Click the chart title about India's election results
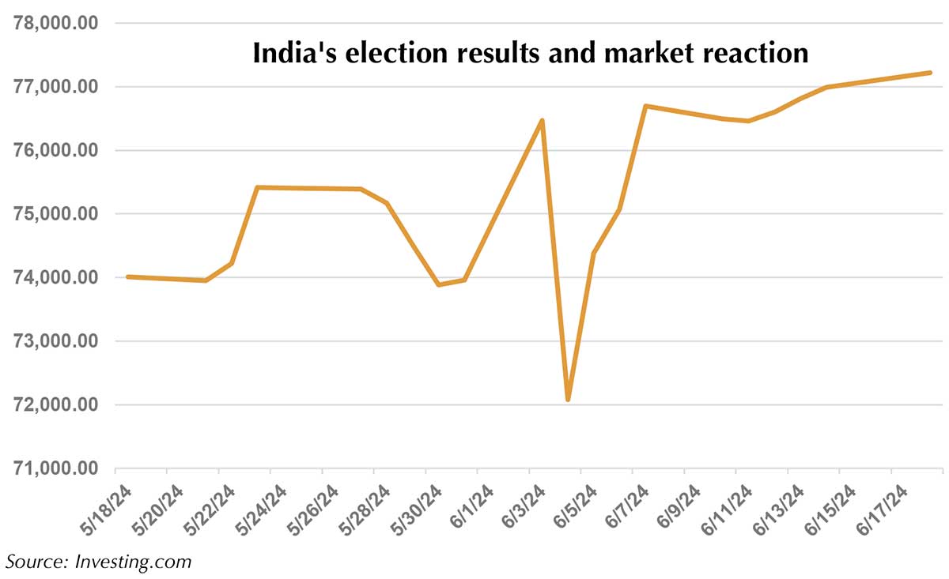[x=530, y=54]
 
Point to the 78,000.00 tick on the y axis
[x=56, y=23]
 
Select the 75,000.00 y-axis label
[x=56, y=214]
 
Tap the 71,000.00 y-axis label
[x=56, y=468]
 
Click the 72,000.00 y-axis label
[x=56, y=405]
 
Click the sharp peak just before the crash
[x=542, y=120]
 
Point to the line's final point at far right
[x=931, y=73]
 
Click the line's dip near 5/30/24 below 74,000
[x=439, y=284]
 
